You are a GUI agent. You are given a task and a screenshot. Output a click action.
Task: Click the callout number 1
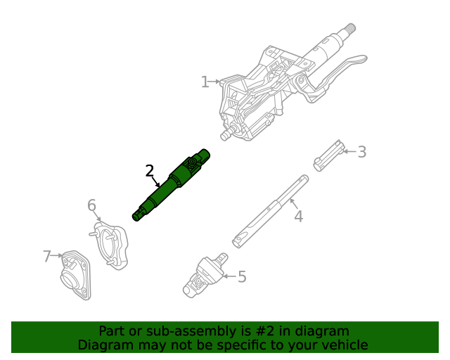point(205,82)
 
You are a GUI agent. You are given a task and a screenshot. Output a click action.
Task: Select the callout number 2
point(150,171)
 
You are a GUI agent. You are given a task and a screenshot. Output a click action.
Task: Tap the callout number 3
point(361,152)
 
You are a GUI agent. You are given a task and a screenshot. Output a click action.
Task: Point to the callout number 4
point(298,217)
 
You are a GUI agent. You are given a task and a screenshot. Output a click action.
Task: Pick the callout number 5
point(242,277)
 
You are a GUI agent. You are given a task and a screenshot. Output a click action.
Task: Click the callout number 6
point(91,205)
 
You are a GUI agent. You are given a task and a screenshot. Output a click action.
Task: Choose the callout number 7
point(47,257)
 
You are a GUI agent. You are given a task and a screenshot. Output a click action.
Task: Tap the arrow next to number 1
point(216,82)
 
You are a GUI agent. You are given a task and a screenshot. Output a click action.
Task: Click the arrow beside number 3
point(350,152)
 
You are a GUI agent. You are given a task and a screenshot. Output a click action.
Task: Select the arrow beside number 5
point(231,276)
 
